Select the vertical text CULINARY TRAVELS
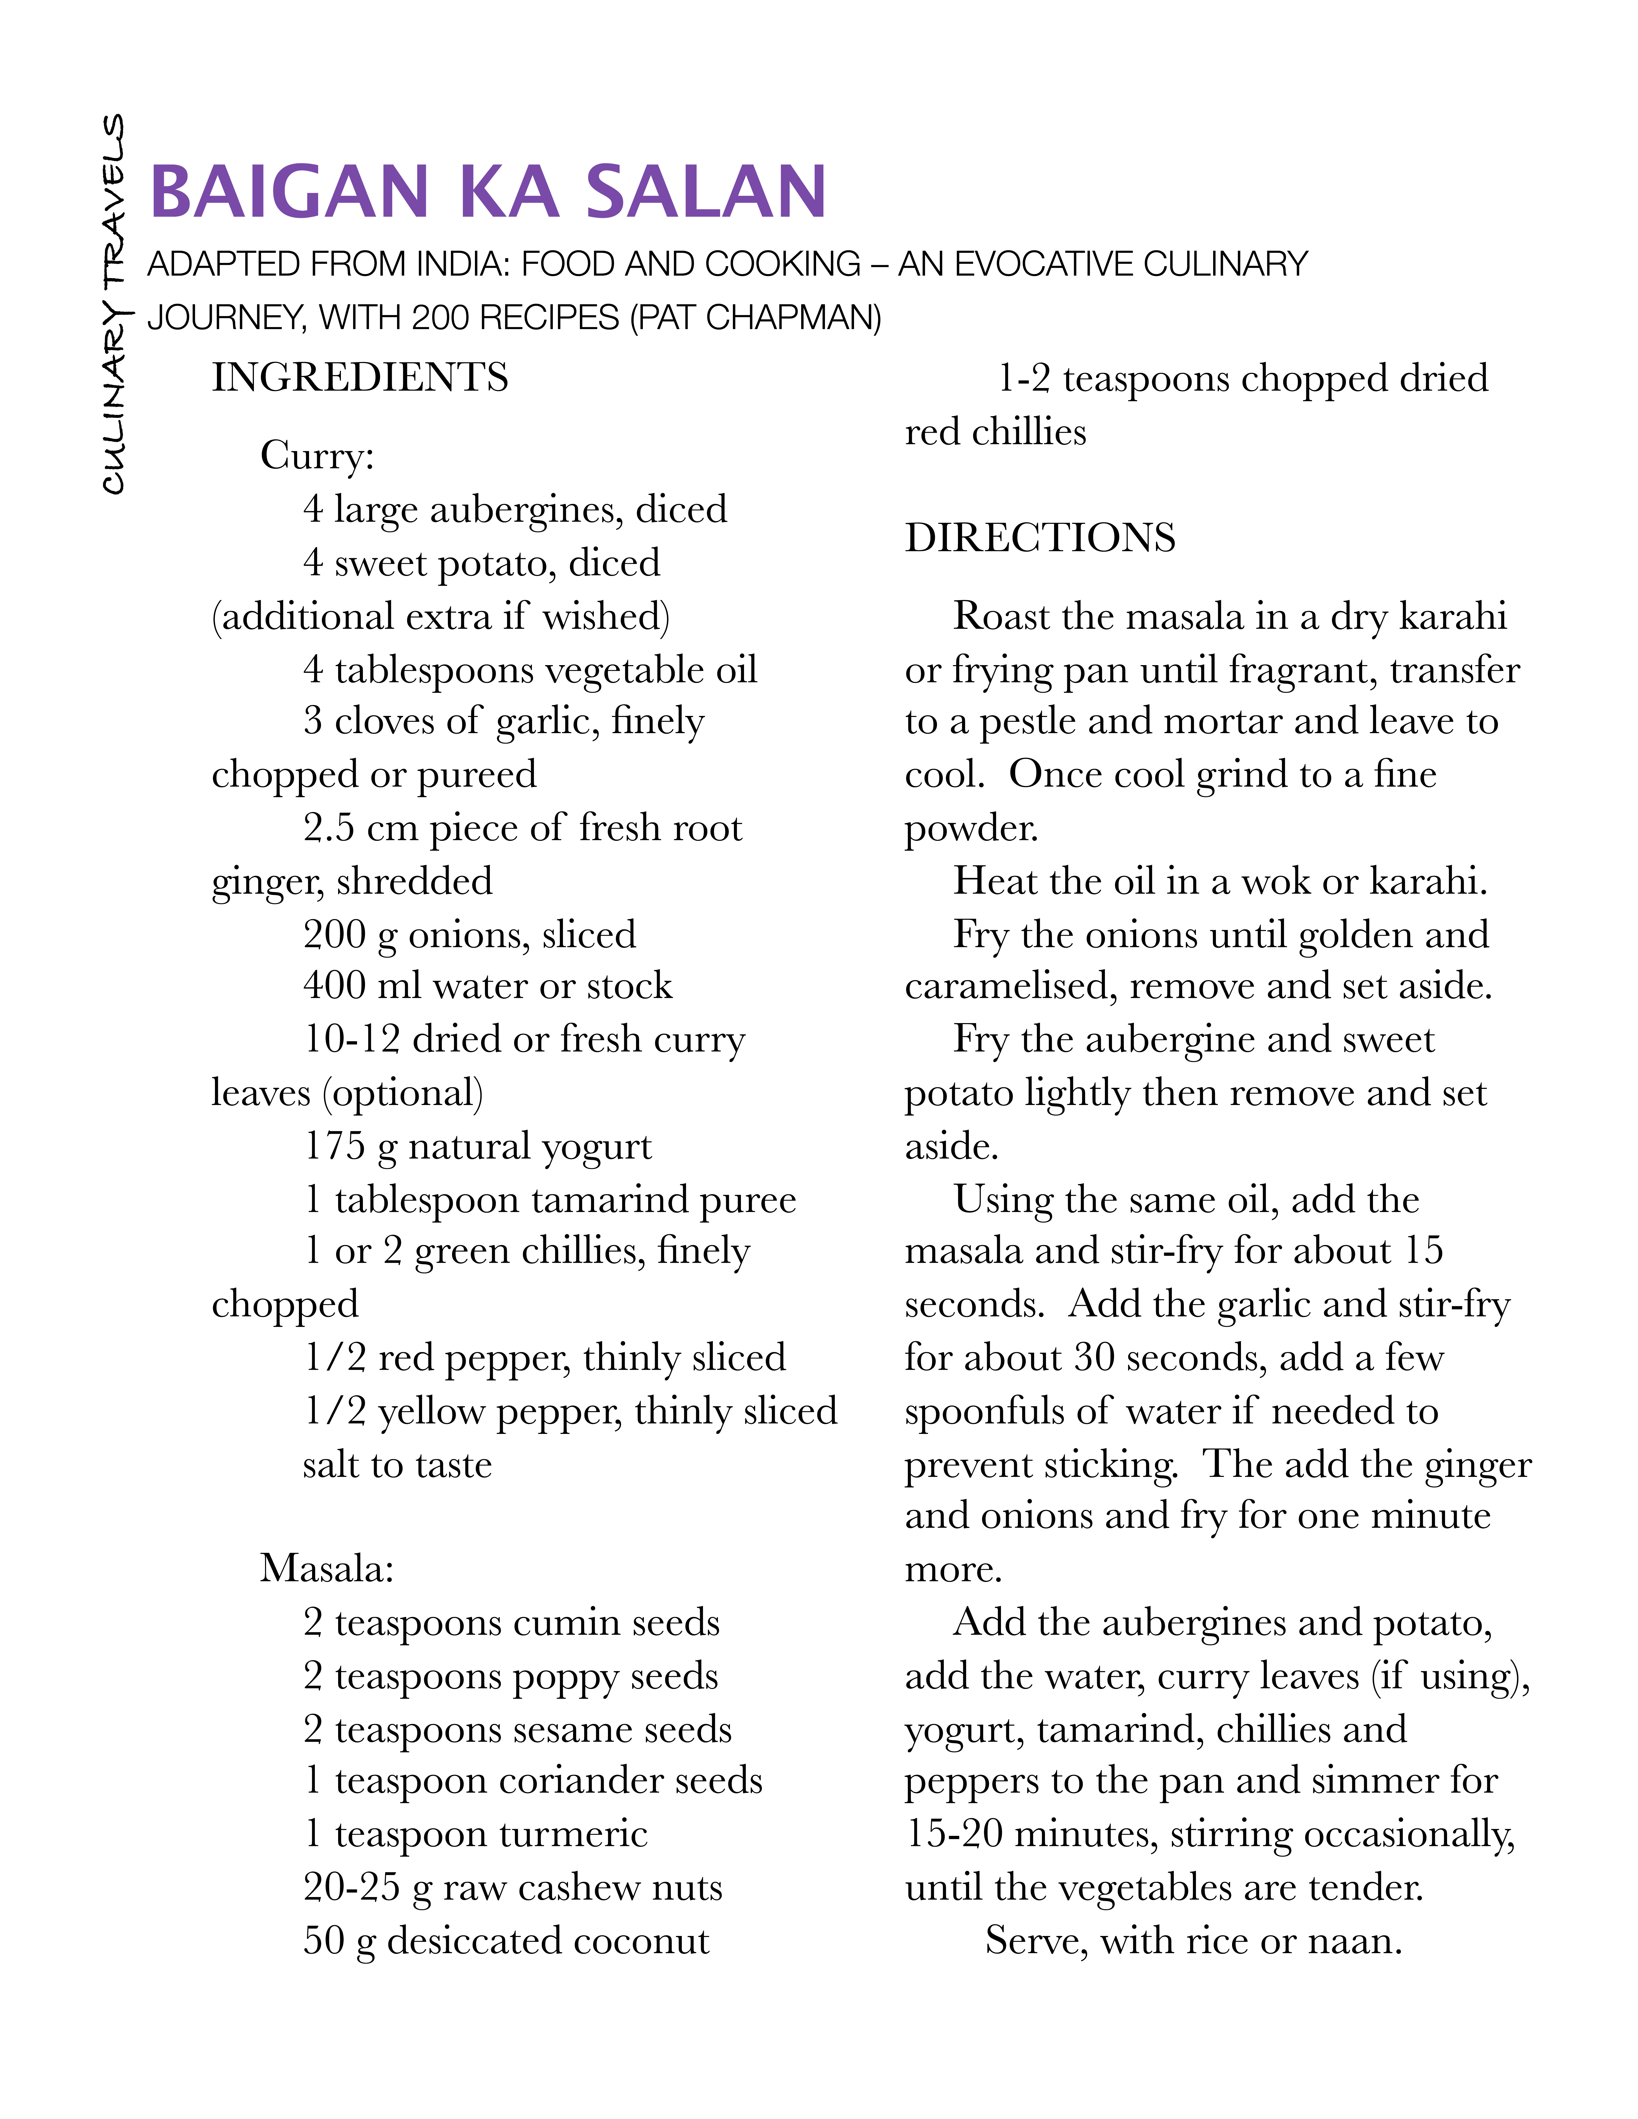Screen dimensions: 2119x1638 pos(115,304)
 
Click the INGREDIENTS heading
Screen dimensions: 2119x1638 pos(360,377)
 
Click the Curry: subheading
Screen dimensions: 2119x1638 pos(316,455)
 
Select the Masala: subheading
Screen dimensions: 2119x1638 pos(327,1568)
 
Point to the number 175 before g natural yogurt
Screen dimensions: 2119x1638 pos(334,1146)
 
